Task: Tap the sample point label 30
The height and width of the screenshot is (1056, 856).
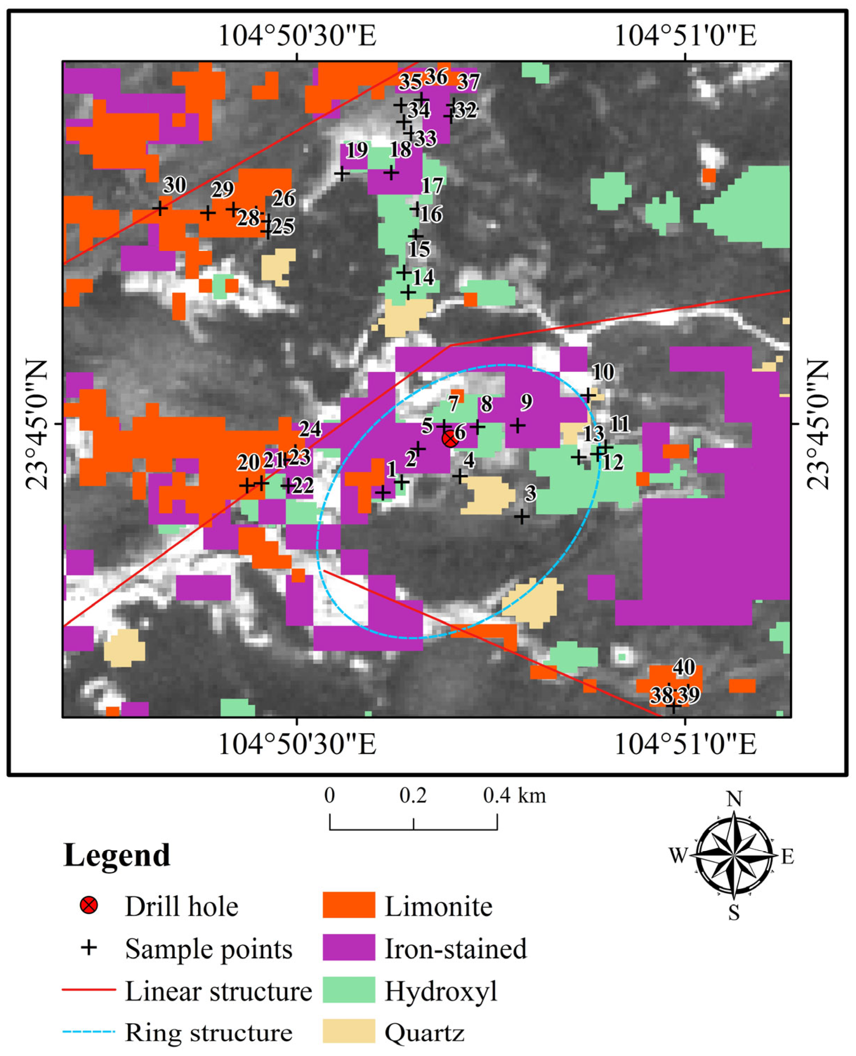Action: coord(174,185)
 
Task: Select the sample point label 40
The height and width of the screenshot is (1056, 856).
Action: coord(684,668)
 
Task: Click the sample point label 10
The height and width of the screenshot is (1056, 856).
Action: coord(603,373)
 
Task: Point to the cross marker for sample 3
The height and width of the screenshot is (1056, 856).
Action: coord(522,517)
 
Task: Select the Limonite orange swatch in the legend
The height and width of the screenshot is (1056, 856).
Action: coord(349,905)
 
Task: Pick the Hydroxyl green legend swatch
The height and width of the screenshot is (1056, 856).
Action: coord(349,989)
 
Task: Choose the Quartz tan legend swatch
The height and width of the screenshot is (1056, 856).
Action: coord(349,1031)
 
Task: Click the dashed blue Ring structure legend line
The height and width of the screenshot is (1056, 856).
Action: coord(89,1032)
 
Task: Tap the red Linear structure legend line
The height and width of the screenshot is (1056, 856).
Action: coord(89,989)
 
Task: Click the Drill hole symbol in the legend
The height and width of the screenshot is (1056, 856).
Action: coord(89,905)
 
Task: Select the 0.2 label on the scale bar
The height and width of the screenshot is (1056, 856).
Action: coord(413,796)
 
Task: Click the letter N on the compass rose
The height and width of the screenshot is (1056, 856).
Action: coord(734,799)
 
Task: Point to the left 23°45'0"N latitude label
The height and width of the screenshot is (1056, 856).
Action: coord(37,424)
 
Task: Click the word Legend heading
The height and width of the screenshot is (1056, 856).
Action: coord(117,855)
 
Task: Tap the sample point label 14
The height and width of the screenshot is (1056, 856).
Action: coord(423,278)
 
